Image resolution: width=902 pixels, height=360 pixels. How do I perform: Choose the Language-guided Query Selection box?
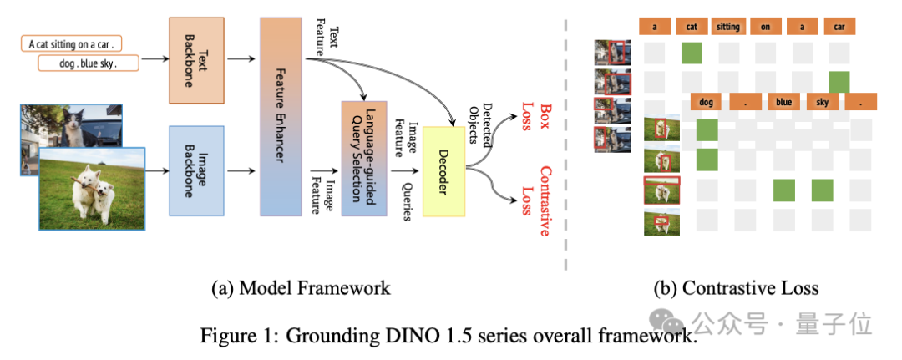(x=363, y=159)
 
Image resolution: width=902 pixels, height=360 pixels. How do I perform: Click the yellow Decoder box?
(x=443, y=171)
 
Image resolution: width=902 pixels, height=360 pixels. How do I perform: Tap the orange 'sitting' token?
(x=728, y=27)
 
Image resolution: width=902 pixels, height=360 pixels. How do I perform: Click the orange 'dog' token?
(x=707, y=102)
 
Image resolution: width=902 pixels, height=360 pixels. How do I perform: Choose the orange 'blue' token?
(x=783, y=102)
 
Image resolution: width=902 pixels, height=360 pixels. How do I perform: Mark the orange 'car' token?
(x=839, y=27)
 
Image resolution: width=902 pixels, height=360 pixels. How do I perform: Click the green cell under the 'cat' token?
(x=692, y=53)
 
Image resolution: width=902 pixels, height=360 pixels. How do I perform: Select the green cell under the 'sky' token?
(x=822, y=190)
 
